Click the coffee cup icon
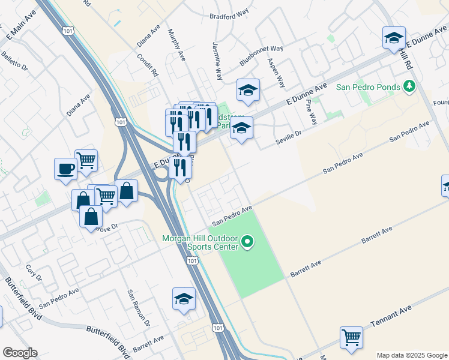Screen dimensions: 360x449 [x=65, y=169]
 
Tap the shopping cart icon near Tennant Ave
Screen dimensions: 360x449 [x=351, y=336]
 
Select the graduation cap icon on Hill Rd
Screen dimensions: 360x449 [x=394, y=38]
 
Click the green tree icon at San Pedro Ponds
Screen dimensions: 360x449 [x=410, y=87]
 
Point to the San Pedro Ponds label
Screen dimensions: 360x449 [x=367, y=87]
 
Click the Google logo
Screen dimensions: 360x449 [x=20, y=353]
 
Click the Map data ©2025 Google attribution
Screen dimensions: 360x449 [x=412, y=355]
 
